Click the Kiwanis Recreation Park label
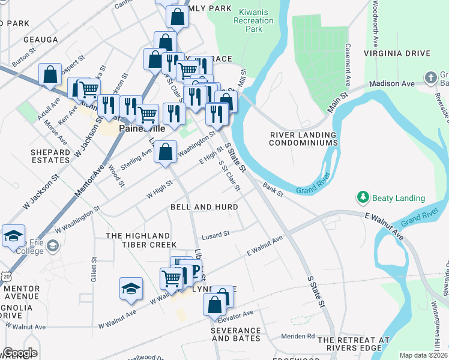click(254, 20)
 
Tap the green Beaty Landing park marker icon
click(363, 197)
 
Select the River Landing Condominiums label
click(303, 139)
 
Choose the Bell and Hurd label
click(204, 207)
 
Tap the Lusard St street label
click(215, 235)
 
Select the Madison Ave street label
click(392, 84)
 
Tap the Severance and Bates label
click(236, 334)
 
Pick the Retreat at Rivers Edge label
click(354, 344)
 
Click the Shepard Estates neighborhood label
click(50, 156)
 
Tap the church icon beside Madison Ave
click(430, 77)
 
